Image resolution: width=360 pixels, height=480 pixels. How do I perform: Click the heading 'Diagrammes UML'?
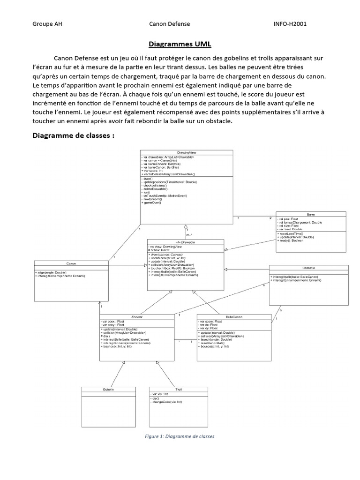coord(180,44)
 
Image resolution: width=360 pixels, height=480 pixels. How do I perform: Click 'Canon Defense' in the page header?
coord(169,23)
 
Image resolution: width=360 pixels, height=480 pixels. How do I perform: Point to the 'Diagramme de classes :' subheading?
coord(73,136)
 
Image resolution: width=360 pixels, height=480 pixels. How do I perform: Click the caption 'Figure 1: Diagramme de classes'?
coord(180,436)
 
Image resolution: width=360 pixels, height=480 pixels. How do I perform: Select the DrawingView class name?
coord(186,152)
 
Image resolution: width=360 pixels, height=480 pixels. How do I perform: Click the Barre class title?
coord(311,214)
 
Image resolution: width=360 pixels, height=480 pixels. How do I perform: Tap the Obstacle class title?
coord(309,268)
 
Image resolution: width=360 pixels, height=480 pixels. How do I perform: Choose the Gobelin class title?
coord(108,390)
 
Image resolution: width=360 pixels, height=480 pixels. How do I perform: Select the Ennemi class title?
coord(137,317)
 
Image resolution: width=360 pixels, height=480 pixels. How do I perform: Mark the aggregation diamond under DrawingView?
coord(186,226)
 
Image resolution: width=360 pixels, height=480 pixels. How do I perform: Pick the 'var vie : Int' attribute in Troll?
coord(161,395)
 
